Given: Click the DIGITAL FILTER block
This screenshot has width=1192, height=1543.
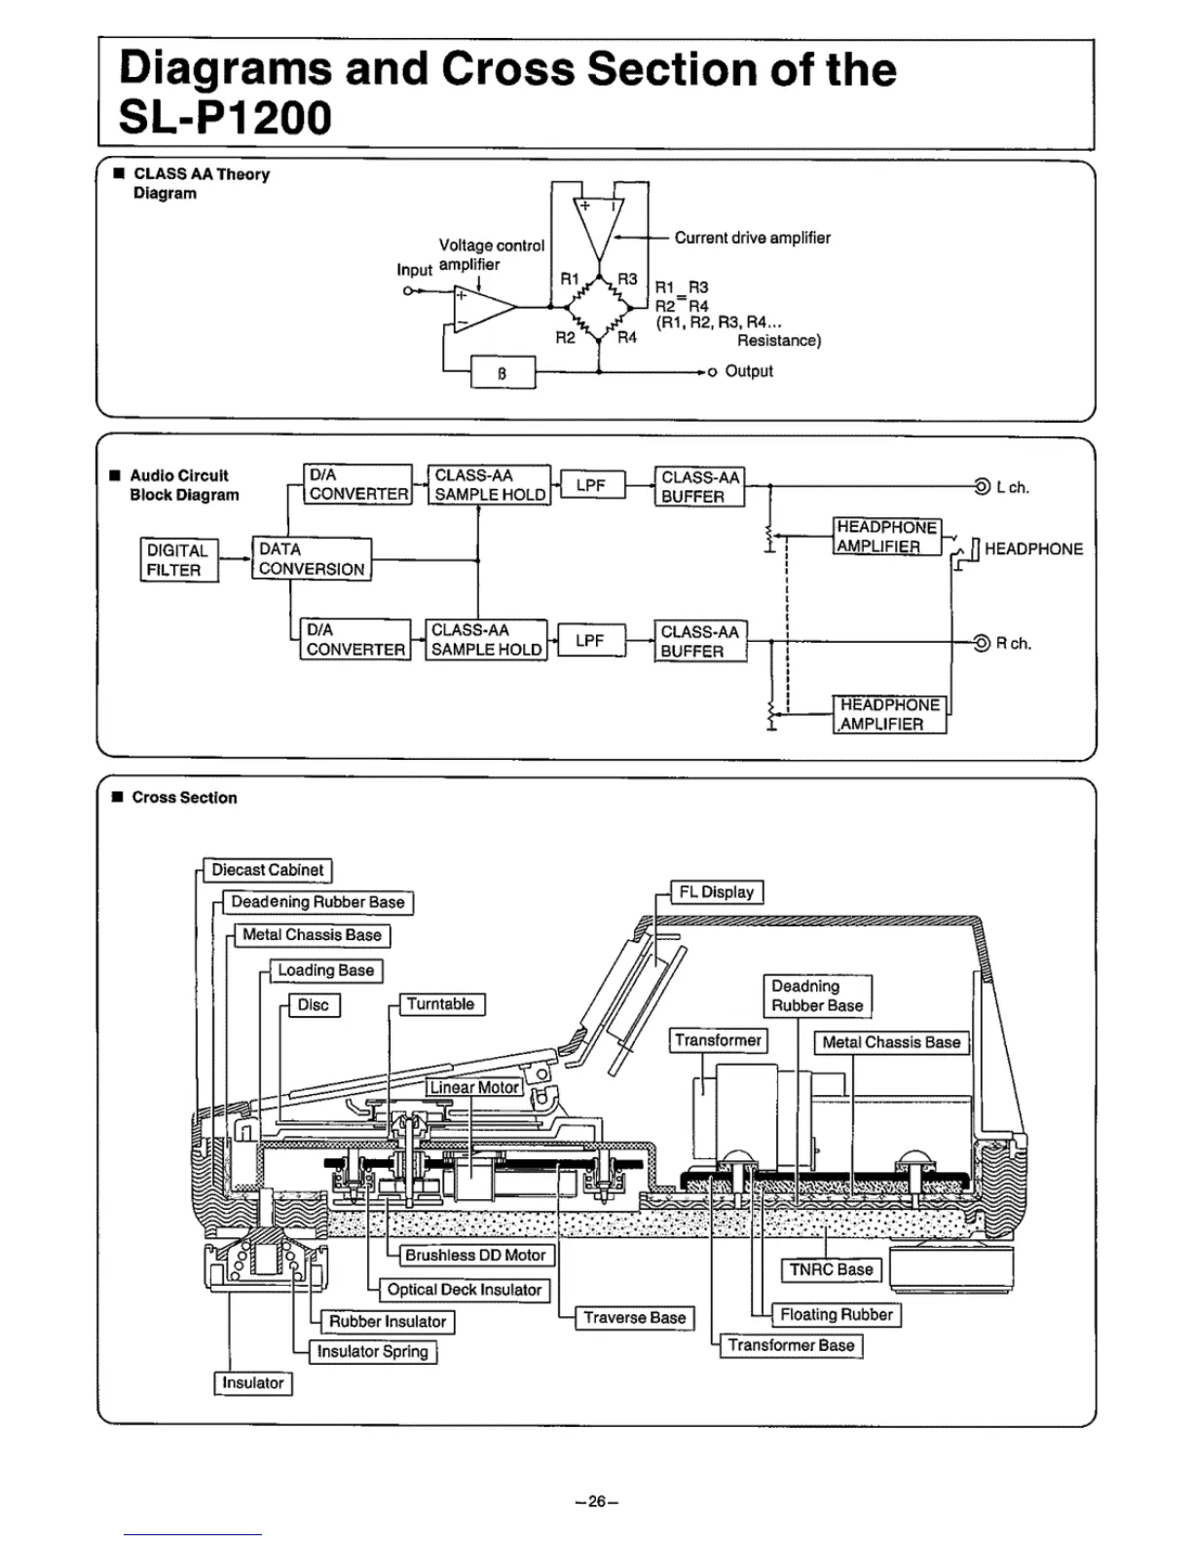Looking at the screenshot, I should click(179, 560).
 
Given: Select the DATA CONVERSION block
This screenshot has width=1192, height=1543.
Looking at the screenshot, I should click(312, 559).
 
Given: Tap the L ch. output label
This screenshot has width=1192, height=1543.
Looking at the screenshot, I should click(1012, 487).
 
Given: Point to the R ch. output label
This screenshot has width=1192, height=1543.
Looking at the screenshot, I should click(1013, 643).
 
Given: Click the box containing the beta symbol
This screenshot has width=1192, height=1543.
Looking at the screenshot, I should click(503, 372).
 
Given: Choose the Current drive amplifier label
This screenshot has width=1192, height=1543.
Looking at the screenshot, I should click(752, 238).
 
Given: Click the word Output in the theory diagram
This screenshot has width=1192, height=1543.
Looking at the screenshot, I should click(748, 371).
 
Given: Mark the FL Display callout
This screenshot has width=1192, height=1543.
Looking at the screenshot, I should click(717, 892).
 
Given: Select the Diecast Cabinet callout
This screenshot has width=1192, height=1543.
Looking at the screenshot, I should click(267, 870).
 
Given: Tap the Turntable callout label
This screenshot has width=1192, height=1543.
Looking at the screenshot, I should click(441, 1004).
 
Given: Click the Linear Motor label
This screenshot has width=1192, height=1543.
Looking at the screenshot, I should click(474, 1087).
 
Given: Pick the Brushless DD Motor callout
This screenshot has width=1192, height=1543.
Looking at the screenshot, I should click(475, 1256).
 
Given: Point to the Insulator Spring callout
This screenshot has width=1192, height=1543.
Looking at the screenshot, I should click(372, 1351).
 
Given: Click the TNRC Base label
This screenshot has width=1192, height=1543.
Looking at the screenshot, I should click(831, 1269).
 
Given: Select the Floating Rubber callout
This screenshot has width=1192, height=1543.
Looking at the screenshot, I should click(836, 1314).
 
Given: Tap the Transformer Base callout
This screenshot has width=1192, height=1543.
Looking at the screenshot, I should click(791, 1345).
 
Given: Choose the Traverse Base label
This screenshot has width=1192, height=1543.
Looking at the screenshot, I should click(634, 1318).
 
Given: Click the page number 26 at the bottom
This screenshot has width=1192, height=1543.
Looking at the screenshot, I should click(596, 1501).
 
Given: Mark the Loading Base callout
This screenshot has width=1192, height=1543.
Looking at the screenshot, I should click(325, 970).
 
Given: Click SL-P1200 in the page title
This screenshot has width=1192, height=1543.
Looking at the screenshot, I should click(225, 118).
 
